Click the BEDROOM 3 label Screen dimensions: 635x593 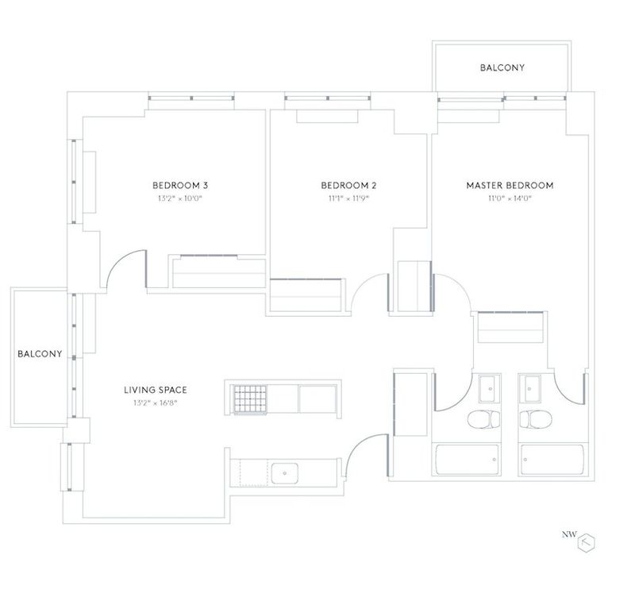pos(180,186)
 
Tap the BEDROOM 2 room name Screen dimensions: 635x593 pos(348,186)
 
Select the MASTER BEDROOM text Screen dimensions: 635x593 pos(510,186)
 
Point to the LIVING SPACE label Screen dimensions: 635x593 pos(156,390)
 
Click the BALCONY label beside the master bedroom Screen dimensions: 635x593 pos(502,67)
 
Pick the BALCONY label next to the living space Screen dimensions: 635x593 pos(40,353)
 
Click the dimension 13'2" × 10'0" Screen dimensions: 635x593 pos(180,198)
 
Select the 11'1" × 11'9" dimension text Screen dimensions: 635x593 pos(348,198)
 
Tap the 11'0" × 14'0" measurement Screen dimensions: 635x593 pos(510,198)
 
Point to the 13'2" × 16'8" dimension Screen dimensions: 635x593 pos(156,403)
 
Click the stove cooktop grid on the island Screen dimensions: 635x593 pos(249,399)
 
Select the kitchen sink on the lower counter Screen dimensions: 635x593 pos(285,473)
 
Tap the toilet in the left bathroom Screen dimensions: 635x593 pos(484,419)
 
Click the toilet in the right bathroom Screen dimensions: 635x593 pos(535,419)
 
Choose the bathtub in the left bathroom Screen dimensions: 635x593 pos(467,460)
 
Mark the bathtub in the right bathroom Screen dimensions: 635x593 pos(552,460)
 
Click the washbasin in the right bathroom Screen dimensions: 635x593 pos(529,389)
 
